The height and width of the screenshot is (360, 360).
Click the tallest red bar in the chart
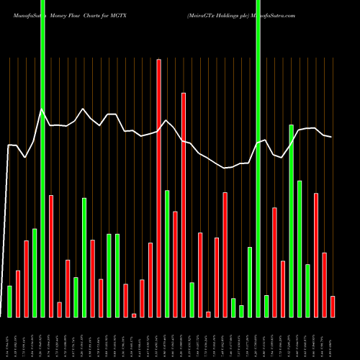tap(158, 187)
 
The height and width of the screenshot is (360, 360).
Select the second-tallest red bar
tap(184, 205)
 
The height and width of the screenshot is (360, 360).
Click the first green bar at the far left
tap(9, 301)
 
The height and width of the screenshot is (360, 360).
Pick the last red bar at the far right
tap(333, 306)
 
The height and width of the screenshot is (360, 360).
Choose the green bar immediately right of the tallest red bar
tap(167, 253)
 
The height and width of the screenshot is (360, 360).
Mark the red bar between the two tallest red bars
tap(175, 264)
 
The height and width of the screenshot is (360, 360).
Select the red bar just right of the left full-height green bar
tap(51, 256)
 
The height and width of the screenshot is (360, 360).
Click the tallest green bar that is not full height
tap(292, 220)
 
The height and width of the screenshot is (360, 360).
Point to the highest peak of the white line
tap(42, 109)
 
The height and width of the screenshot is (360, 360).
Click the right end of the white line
tap(331, 137)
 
